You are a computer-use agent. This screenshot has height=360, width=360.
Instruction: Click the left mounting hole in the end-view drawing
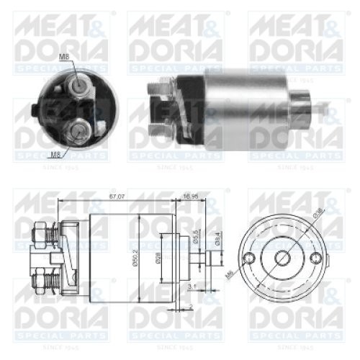[x=251, y=259]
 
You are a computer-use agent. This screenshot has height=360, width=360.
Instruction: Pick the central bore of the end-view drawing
[x=282, y=259]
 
